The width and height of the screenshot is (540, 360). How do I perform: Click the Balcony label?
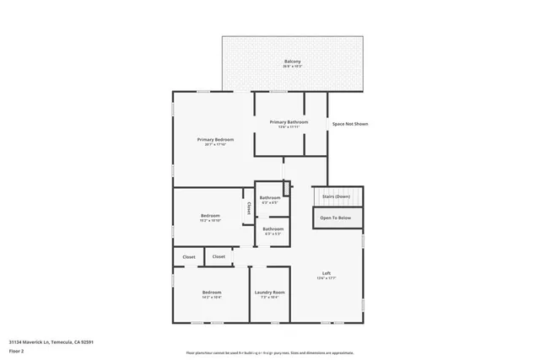pos(293,62)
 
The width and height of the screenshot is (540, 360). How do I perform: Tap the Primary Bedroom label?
pos(215,139)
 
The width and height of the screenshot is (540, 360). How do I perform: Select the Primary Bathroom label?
pos(289,122)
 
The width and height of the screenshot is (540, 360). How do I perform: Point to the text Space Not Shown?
pos(349,124)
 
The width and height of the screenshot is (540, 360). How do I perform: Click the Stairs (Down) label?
pos(337,196)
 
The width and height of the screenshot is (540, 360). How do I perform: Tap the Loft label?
pos(327,272)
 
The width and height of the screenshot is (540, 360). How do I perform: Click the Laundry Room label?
pos(270,292)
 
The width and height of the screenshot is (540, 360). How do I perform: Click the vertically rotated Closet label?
pos(248,207)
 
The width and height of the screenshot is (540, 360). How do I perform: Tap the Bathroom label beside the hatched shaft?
pos(270,198)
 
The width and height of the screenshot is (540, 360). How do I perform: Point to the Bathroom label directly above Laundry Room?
pos(273,228)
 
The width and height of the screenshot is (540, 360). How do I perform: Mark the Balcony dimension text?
pos(293,67)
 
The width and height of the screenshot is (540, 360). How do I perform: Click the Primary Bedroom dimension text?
pos(215,144)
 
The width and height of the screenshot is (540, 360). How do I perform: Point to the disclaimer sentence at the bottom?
pos(270,352)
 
